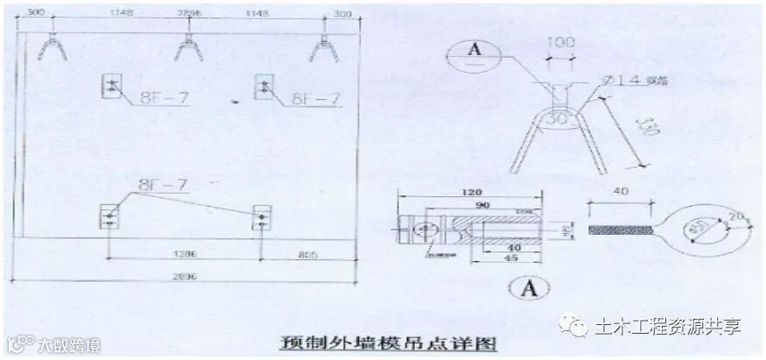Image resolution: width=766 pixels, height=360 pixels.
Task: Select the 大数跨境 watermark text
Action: coord(61,345)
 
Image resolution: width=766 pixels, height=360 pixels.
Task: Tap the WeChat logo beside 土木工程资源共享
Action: coord(579,327)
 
